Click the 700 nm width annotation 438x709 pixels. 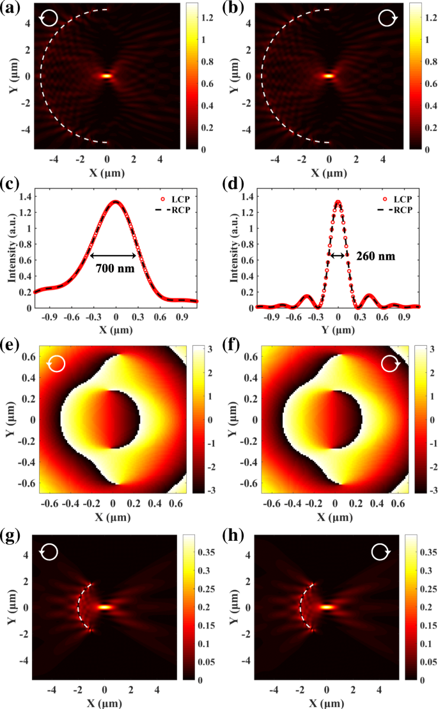click(116, 268)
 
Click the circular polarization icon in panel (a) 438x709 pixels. click(49, 19)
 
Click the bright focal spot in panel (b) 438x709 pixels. click(329, 75)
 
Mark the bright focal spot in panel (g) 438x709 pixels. click(106, 607)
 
